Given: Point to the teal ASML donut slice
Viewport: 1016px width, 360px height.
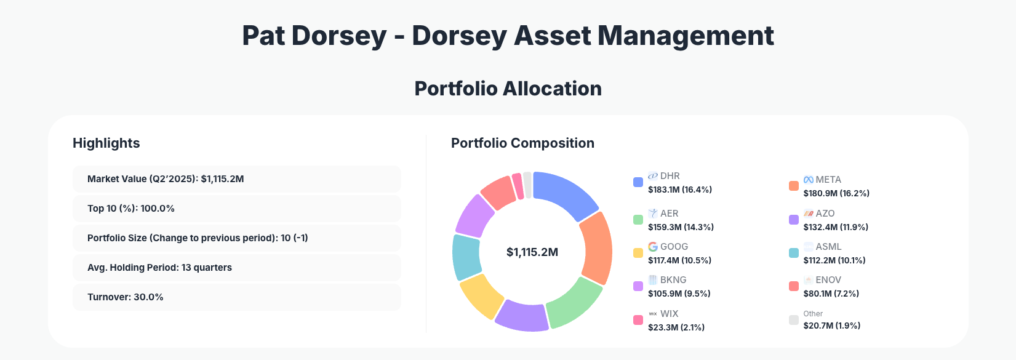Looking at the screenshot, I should point(466,257).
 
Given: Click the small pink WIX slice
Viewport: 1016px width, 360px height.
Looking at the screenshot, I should point(518,186).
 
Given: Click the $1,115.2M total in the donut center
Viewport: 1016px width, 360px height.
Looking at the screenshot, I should point(532,252).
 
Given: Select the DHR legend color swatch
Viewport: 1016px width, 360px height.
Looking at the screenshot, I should point(638,182).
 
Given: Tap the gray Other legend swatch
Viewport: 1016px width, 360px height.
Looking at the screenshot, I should point(794,320).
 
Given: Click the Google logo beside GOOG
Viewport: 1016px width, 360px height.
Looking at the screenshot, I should point(653,247).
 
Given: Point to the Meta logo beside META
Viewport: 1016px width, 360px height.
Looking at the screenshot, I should point(809,180).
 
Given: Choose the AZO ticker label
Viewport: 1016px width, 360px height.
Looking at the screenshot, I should point(825,214).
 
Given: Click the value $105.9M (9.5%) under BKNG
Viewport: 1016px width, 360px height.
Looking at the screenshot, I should point(679,294).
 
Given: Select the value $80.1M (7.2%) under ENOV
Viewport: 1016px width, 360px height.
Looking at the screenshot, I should point(831,294).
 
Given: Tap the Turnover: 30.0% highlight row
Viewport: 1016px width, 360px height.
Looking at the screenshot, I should point(236,297).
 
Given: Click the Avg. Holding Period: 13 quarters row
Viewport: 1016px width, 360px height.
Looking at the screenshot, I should point(236,268).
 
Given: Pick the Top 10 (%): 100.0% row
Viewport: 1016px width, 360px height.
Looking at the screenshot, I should point(236,209).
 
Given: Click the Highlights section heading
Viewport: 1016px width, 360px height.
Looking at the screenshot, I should point(106,143).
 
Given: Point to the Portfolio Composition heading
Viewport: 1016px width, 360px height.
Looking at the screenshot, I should point(522,143).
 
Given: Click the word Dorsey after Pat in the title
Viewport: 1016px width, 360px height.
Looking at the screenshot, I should point(338,36).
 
